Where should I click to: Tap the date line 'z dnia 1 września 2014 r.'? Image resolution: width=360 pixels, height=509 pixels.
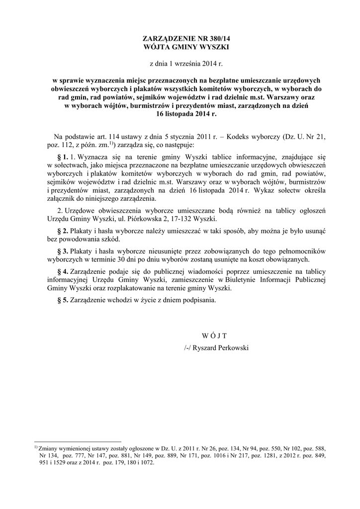click(180, 63)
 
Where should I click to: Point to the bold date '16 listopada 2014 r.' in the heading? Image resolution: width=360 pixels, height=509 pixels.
click(180, 113)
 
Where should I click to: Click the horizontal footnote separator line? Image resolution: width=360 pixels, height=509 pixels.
click(78, 441)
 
